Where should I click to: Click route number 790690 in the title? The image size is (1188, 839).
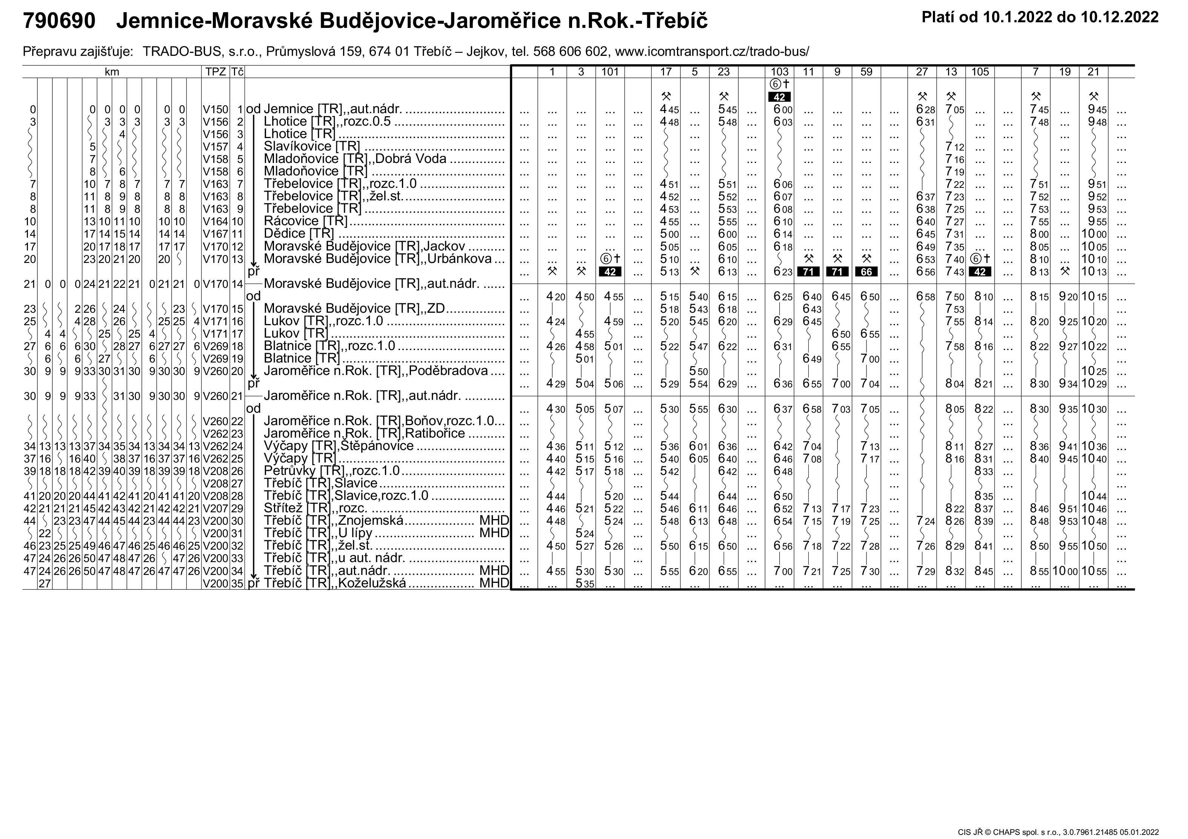(60, 21)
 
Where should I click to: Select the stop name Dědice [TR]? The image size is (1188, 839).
(299, 234)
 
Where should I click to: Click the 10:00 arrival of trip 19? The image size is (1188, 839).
(1064, 572)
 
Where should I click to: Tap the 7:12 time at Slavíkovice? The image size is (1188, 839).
(955, 147)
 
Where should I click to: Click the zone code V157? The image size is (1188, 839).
(215, 146)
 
